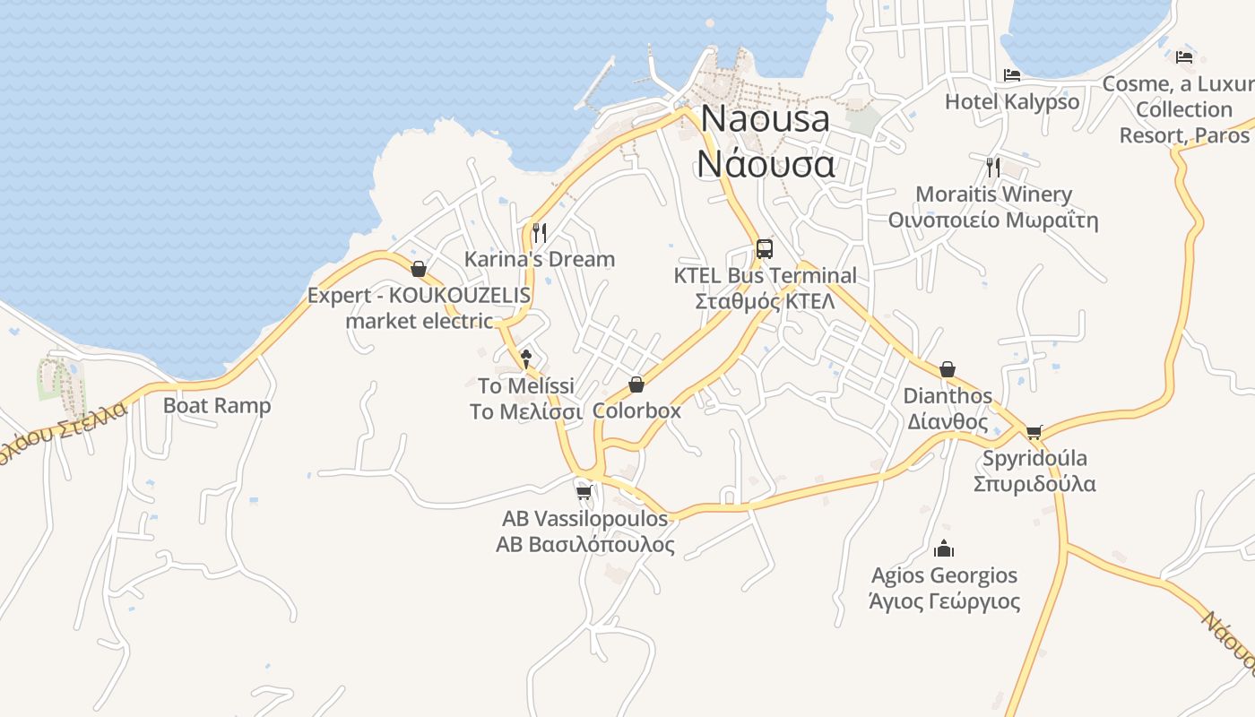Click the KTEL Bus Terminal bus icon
tap(765, 248)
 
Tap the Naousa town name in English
tap(765, 119)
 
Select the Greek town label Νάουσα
tap(766, 164)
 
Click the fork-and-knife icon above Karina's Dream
tap(540, 233)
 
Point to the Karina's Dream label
tap(540, 259)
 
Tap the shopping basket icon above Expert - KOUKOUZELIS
tap(418, 269)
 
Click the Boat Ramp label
tap(217, 405)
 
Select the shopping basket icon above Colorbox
tap(636, 384)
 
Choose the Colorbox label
tap(636, 410)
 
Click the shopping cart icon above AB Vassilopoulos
tap(584, 492)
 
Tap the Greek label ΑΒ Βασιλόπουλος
tap(585, 544)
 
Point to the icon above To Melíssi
tap(526, 359)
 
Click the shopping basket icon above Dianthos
tap(948, 369)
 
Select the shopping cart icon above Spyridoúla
tap(1034, 432)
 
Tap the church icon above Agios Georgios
tap(944, 549)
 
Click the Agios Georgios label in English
tap(944, 574)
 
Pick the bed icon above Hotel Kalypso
tap(1012, 75)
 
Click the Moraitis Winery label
tap(993, 194)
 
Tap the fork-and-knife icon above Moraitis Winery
tap(993, 167)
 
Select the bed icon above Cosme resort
tap(1184, 57)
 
